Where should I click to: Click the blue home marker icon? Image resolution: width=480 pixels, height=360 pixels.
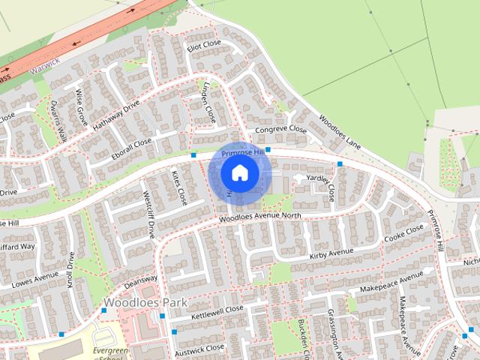(x=239, y=173)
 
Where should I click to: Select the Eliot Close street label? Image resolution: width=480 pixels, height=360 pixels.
(x=203, y=47)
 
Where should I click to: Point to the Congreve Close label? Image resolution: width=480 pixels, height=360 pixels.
(x=281, y=130)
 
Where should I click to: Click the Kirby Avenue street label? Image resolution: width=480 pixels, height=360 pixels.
(x=331, y=255)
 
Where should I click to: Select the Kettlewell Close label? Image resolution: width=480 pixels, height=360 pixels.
(x=217, y=310)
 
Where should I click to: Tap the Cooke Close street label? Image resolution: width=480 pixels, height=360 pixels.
(x=403, y=233)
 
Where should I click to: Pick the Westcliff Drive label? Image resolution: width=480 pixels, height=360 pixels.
(x=148, y=214)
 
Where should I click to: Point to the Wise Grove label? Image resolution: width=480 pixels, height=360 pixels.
(x=81, y=107)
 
